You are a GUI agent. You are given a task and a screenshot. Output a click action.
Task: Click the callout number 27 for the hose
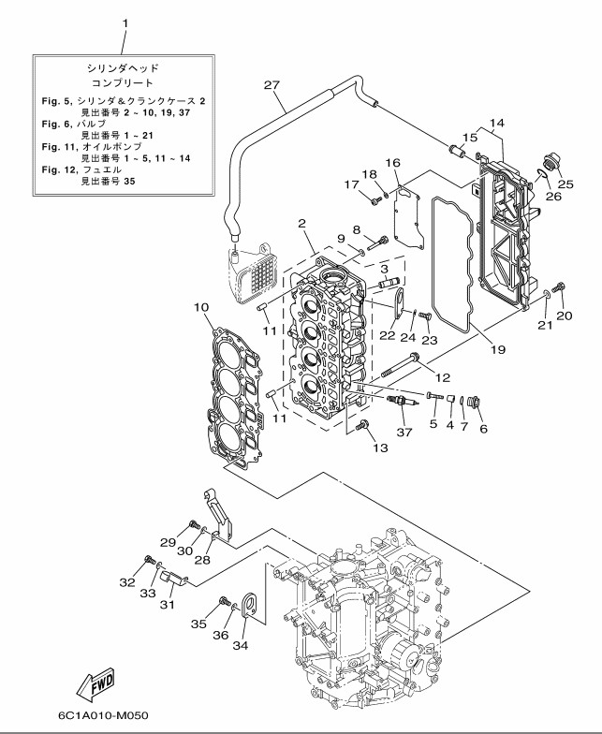(x=272, y=86)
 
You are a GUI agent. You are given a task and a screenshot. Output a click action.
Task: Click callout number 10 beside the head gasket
(x=200, y=307)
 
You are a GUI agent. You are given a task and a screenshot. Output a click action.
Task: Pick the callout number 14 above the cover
(x=496, y=124)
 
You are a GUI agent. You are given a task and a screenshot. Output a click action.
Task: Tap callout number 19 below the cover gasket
(x=497, y=350)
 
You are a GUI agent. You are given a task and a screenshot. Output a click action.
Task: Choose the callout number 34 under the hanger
(x=241, y=643)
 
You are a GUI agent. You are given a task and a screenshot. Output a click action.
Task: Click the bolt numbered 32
(x=150, y=560)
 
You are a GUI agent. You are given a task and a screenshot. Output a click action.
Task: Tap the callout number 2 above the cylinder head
(x=302, y=224)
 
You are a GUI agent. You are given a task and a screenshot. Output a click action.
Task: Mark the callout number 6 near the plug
(x=484, y=428)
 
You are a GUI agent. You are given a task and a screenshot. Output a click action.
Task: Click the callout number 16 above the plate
(x=393, y=163)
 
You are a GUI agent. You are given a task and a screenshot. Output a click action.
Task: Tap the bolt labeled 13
(x=364, y=427)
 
